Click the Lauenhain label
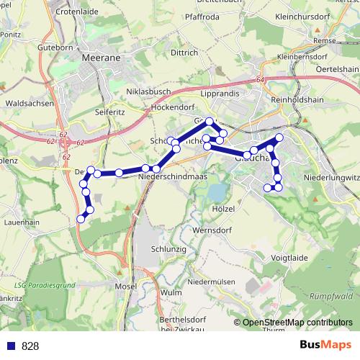point(20,224)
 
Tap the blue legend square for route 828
point(9,346)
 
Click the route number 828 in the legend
point(30,346)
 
